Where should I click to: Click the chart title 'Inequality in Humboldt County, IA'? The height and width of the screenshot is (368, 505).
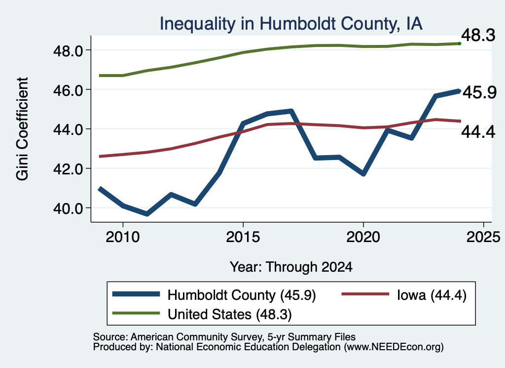[x=291, y=24]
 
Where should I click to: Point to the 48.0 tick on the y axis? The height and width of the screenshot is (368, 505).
[x=68, y=51]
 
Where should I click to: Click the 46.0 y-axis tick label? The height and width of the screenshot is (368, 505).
[x=68, y=90]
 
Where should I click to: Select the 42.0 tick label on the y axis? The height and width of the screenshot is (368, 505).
[x=68, y=169]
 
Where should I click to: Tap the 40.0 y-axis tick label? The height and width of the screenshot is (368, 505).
[x=68, y=208]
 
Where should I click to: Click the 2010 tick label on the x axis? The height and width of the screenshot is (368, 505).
[x=123, y=237]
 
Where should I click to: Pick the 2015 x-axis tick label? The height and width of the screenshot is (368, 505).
[x=243, y=237]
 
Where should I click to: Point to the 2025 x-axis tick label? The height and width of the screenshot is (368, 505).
[x=483, y=237]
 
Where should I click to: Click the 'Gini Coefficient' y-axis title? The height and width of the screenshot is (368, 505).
[x=23, y=129]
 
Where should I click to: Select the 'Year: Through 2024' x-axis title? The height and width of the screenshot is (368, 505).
[x=291, y=267]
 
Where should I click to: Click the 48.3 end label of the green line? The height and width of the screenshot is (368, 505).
[x=478, y=35]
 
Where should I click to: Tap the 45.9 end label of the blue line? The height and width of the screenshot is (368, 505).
[x=479, y=92]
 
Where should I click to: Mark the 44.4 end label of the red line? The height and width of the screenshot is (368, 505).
[x=478, y=132]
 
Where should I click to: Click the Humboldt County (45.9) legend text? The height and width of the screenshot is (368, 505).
[x=242, y=295]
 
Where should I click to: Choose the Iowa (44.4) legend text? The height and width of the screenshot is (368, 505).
[x=432, y=295]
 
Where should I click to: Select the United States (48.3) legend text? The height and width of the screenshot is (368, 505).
[x=230, y=315]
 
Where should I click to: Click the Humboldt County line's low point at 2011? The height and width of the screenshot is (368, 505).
[x=147, y=214]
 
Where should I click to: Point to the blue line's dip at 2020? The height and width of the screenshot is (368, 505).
[x=363, y=174]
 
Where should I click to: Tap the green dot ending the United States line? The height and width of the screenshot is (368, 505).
[x=460, y=43]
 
